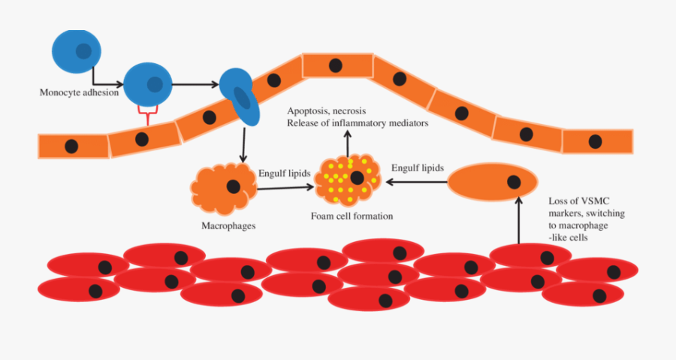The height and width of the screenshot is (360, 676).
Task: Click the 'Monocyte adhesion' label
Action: [x=79, y=92]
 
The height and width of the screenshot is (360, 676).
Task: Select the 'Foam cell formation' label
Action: [x=352, y=216]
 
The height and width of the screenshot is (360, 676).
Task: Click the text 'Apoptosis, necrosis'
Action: [x=327, y=111]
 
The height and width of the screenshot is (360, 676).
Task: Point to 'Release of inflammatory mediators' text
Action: [x=358, y=123]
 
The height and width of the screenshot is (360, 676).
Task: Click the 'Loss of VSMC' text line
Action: [x=578, y=201]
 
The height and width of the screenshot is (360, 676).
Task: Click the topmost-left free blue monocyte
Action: [x=76, y=50]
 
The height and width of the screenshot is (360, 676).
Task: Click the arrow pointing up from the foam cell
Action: [x=348, y=141]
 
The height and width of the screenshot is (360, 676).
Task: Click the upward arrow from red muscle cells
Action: [x=518, y=222]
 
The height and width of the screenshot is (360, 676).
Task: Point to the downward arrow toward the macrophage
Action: [x=243, y=144]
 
